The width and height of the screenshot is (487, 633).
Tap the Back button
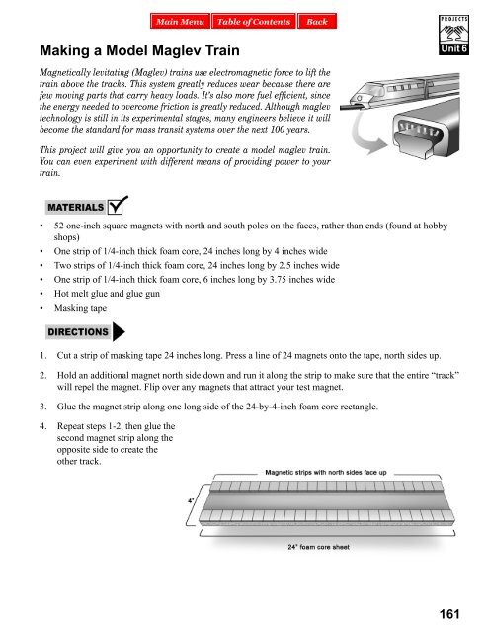pos(316,21)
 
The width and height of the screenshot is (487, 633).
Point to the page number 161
pos(455,614)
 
